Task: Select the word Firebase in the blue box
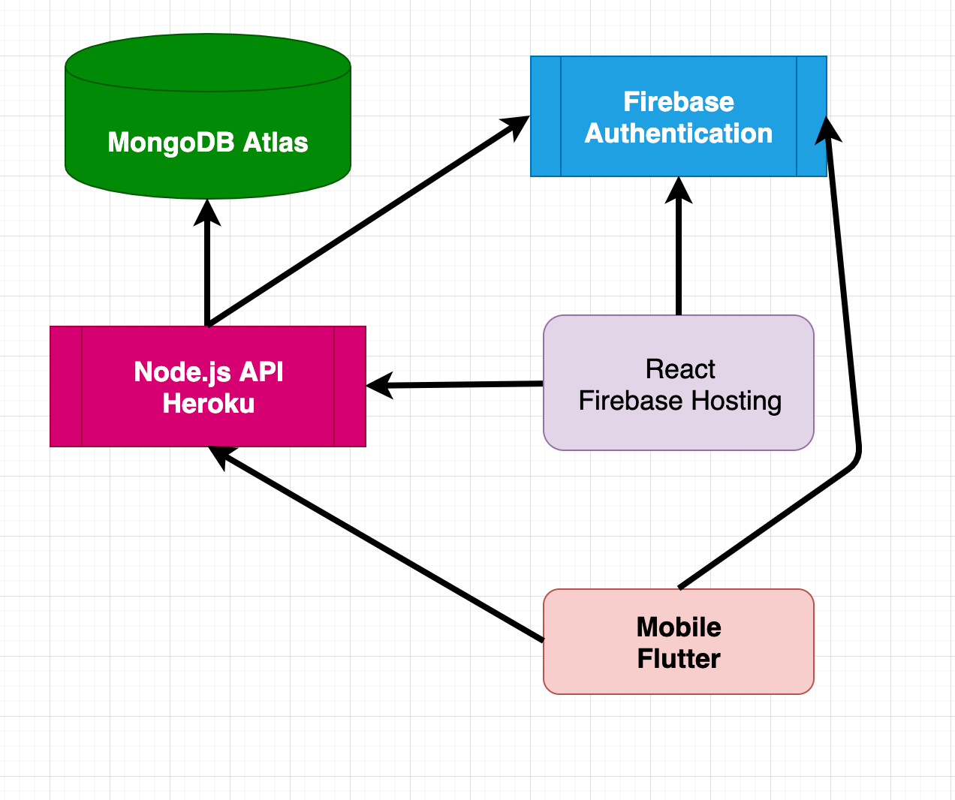[x=678, y=102]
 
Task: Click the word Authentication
[x=678, y=134]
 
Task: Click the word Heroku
[x=209, y=404]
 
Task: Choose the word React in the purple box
[x=680, y=369]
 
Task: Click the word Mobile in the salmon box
[x=679, y=627]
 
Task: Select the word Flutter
[x=679, y=659]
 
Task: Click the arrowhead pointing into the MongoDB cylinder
[x=208, y=212]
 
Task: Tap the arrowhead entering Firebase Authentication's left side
[x=516, y=126]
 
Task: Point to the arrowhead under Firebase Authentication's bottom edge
[x=679, y=191]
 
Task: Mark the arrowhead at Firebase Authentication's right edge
[x=828, y=130]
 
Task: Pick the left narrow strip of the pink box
[x=66, y=386]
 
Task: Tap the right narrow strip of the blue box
[x=812, y=116]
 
